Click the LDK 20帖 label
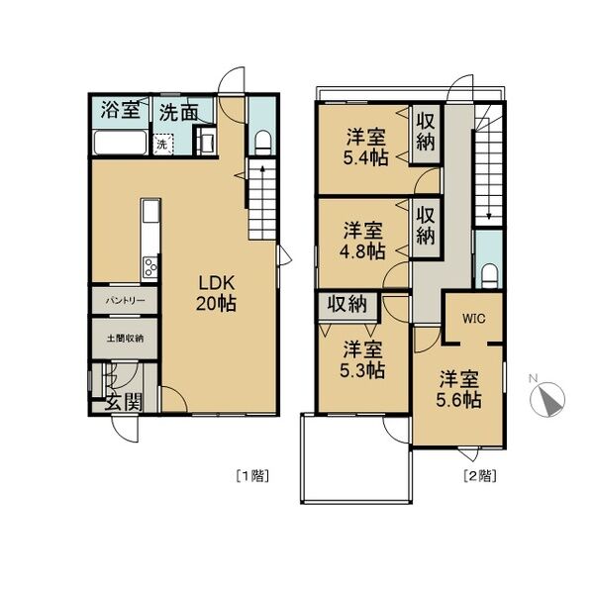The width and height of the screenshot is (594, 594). pos(216,292)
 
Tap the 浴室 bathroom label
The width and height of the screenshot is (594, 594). pos(121,110)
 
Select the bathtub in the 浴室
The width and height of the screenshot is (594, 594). pos(121,142)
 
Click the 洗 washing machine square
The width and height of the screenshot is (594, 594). pos(163,144)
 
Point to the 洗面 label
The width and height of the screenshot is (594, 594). pos(178,112)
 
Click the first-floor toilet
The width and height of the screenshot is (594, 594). pos(263,143)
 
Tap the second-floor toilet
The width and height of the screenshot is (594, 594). pos(489,276)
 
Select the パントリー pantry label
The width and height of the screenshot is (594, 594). pos(125,301)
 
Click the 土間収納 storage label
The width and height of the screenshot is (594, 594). pos(125,338)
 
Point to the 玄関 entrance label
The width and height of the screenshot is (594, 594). pos(124,402)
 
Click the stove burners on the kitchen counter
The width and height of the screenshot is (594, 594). pos(150,267)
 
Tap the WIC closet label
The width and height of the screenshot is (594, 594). pos(474,318)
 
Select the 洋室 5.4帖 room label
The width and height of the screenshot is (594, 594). pos(366,148)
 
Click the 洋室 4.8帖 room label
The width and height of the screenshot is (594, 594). pos(362,241)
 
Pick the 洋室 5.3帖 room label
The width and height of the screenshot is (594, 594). pos(362,360)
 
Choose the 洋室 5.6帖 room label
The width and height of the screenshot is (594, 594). pos(458,389)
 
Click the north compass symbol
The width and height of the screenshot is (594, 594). pos(547,399)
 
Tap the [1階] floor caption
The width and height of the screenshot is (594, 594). pos(252,476)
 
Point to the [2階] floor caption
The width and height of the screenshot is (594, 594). pos(480,476)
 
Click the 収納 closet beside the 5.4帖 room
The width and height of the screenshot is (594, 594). pos(426,134)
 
